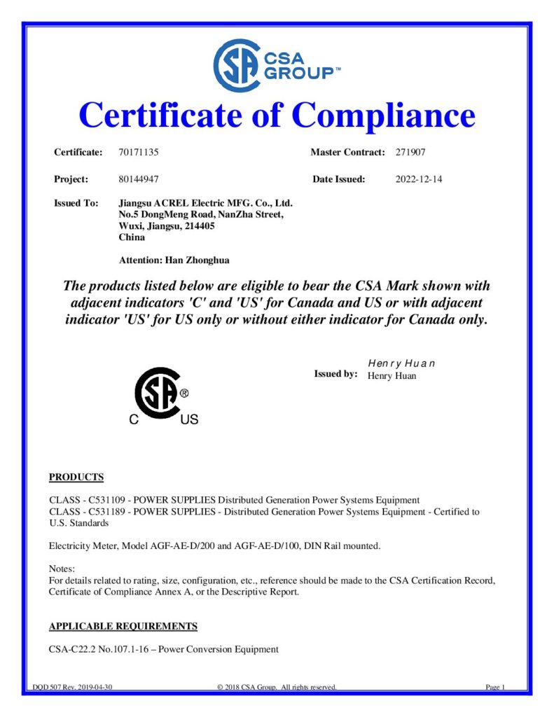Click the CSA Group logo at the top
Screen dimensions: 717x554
[277, 65]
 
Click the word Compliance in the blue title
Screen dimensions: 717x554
[383, 114]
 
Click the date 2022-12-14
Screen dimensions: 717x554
[419, 179]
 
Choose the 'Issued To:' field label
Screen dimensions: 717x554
[76, 203]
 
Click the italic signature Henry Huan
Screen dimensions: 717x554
[401, 363]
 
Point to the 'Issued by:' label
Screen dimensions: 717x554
[335, 374]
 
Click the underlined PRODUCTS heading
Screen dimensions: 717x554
[76, 478]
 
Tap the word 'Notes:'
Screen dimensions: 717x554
[62, 569]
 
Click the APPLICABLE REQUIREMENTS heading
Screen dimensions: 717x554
[123, 626]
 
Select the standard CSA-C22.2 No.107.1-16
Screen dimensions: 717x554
[101, 649]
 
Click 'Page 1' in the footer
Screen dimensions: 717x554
[495, 687]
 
